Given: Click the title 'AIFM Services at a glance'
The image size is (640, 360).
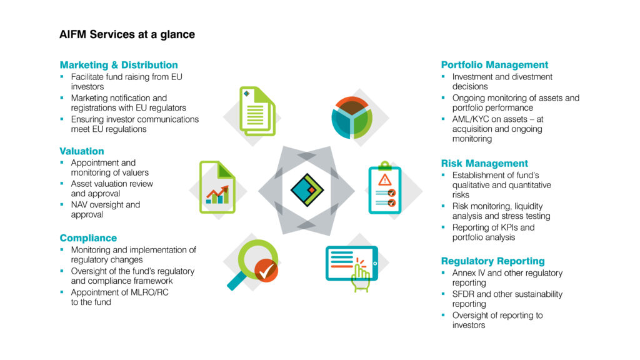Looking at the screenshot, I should point(127,35).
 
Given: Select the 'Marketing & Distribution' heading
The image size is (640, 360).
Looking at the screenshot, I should point(119,65).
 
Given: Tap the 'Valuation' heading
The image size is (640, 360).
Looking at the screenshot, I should point(82,151).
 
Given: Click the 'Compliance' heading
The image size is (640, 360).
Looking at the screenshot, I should point(88,238).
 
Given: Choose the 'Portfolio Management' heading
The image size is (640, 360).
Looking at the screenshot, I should point(494,65).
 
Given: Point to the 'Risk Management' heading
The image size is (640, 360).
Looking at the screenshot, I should point(484,164).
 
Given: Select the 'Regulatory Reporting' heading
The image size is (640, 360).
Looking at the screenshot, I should point(492,261).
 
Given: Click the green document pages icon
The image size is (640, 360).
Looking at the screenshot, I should point(257,111).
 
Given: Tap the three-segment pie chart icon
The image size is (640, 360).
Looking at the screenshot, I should point(352,116).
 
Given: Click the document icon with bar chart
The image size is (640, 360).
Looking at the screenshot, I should point(217,187).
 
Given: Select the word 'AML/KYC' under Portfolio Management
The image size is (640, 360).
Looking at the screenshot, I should point(472,119).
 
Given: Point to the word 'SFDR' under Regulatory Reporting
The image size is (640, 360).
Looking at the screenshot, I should point(463,294).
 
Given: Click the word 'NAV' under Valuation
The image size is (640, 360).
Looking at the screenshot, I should point(80,204).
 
